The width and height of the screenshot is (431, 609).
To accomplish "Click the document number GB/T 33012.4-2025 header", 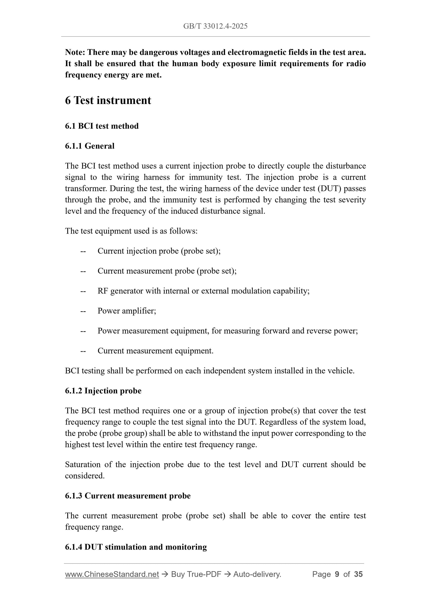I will click(215, 26).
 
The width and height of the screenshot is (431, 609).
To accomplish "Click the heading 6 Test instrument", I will click(108, 100).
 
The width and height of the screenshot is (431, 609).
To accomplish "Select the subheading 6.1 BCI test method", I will click(102, 126).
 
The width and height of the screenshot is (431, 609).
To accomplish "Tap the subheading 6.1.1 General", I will click(89, 146).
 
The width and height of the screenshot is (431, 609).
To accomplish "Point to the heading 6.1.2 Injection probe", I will click(103, 391).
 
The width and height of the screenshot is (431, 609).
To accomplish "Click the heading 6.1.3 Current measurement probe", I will click(128, 496).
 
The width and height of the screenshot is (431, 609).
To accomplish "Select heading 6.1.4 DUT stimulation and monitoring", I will click(136, 547).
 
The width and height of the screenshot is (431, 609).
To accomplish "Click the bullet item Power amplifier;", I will click(127, 311).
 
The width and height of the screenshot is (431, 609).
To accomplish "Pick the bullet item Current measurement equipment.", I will click(155, 351).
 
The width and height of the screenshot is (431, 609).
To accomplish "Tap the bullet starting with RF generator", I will click(203, 291).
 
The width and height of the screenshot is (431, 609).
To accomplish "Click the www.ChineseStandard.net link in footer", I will click(112, 574).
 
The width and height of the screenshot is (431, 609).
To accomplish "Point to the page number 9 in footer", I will click(337, 574).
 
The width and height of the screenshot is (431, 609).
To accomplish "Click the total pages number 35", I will click(358, 574).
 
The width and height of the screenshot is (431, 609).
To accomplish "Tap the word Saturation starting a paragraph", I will click(83, 465).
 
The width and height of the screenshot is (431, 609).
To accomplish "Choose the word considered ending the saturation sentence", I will click(84, 476).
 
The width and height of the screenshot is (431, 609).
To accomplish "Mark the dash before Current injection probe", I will click(83, 251).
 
